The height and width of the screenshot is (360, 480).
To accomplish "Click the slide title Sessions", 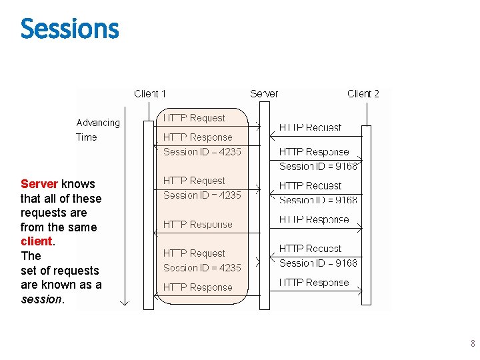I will (69, 29).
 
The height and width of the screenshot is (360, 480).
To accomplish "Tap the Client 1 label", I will (150, 94).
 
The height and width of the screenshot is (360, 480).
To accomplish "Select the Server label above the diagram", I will (264, 94).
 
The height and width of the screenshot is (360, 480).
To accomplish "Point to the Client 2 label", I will (363, 94).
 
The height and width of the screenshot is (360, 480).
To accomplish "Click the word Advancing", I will (98, 123).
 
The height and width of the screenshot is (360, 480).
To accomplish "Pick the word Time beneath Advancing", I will (87, 137).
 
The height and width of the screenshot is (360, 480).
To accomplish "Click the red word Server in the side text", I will (39, 184).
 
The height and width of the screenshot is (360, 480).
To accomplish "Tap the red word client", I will (37, 241).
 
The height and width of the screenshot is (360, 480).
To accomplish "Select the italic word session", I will (41, 299).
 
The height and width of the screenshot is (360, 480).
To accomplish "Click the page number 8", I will (473, 344).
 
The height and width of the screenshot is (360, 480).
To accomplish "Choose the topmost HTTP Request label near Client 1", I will (195, 118).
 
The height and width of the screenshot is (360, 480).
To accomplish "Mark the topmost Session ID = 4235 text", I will (202, 152).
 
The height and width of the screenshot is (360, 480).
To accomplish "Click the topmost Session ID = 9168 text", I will (318, 166).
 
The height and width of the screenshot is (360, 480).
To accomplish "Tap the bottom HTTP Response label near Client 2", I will (313, 283).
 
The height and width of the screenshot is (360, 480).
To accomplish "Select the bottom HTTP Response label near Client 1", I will (198, 287).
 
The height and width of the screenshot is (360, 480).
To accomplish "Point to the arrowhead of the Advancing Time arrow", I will (123, 301).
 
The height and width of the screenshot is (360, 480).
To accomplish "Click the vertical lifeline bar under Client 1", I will (149, 213).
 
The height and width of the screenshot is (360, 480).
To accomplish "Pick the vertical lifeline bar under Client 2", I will (366, 213).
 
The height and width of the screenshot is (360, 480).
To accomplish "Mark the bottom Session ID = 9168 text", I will (318, 263).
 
